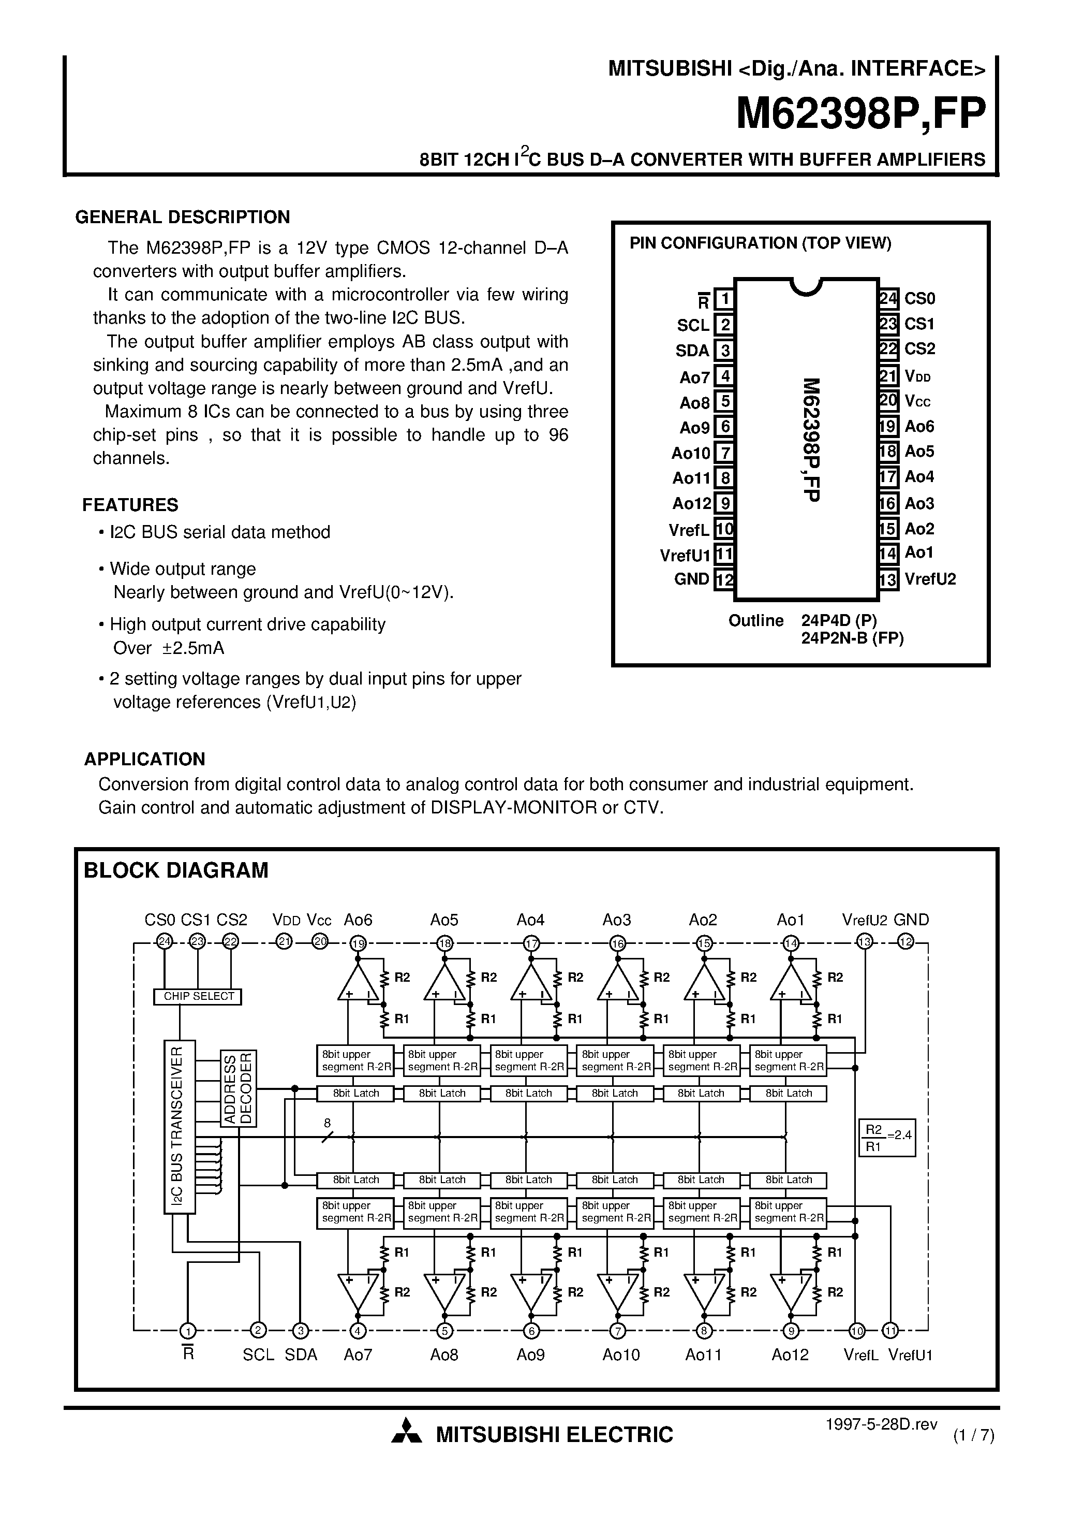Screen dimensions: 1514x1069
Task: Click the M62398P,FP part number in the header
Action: [x=860, y=114]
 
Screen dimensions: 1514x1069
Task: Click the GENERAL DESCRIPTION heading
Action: [x=183, y=217]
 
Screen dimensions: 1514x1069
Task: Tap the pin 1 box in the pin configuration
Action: [x=724, y=299]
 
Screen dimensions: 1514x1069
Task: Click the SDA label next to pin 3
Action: [x=692, y=351]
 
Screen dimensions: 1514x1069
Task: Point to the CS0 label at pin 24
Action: [x=919, y=299]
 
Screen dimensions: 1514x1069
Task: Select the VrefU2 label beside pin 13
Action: [x=930, y=579]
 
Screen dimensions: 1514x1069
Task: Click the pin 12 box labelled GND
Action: [x=724, y=579]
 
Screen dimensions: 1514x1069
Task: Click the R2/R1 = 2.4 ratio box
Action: [x=887, y=1138]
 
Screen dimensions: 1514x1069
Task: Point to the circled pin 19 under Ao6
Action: [x=359, y=943]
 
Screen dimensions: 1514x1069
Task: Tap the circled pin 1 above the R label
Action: [x=188, y=1330]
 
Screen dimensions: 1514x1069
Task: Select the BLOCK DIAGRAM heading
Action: [x=176, y=870]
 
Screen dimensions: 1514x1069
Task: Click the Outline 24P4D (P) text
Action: [x=802, y=620]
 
